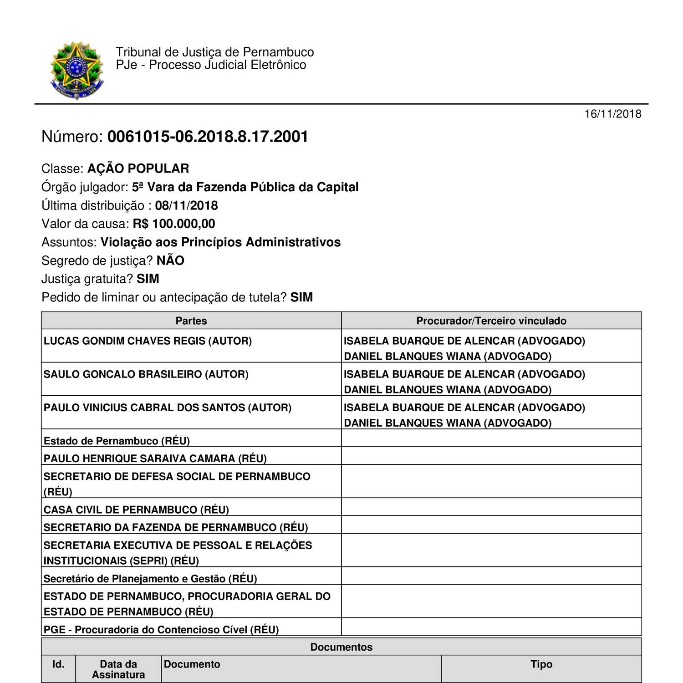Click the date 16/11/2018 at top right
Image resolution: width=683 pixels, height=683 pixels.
(612, 114)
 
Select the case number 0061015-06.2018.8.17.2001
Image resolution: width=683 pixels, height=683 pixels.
(208, 137)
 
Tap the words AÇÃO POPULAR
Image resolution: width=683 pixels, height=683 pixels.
(138, 168)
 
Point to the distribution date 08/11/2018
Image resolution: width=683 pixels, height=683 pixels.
(186, 205)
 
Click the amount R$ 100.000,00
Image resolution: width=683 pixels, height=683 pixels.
(174, 224)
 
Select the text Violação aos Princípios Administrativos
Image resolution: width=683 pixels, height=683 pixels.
(220, 242)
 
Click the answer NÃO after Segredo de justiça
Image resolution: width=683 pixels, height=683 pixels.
(170, 260)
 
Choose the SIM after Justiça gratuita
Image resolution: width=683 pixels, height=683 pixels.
(148, 279)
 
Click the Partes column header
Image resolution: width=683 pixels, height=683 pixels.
(191, 321)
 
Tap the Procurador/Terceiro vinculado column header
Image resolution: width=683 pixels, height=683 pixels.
(491, 321)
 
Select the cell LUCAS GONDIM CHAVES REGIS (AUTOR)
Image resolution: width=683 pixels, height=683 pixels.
(148, 341)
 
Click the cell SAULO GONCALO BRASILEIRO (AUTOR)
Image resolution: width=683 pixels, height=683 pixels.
(146, 374)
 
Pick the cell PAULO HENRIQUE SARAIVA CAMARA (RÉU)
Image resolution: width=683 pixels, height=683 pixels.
(155, 458)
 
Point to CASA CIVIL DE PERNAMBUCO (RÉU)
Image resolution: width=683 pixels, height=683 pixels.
(136, 509)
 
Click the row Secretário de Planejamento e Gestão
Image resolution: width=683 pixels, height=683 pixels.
(150, 578)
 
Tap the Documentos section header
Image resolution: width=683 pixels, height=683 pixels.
(341, 647)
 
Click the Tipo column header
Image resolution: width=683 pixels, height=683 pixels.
(541, 664)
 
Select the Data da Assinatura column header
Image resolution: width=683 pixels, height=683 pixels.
(118, 669)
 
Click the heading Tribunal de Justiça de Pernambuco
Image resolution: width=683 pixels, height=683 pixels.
(214, 52)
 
